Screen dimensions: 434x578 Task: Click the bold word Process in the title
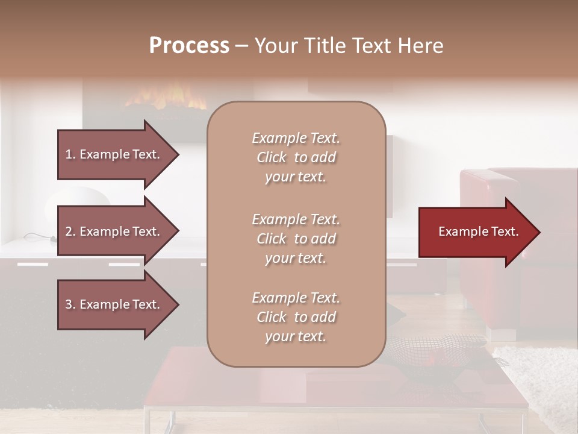tap(189, 46)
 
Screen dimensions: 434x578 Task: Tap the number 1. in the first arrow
tap(70, 154)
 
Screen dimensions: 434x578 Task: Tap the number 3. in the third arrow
tap(70, 304)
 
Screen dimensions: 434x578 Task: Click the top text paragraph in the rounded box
tap(296, 157)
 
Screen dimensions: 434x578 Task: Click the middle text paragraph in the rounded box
tap(296, 239)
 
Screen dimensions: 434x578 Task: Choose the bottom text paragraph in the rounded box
tap(296, 317)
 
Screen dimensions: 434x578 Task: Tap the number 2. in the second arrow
tap(70, 231)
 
